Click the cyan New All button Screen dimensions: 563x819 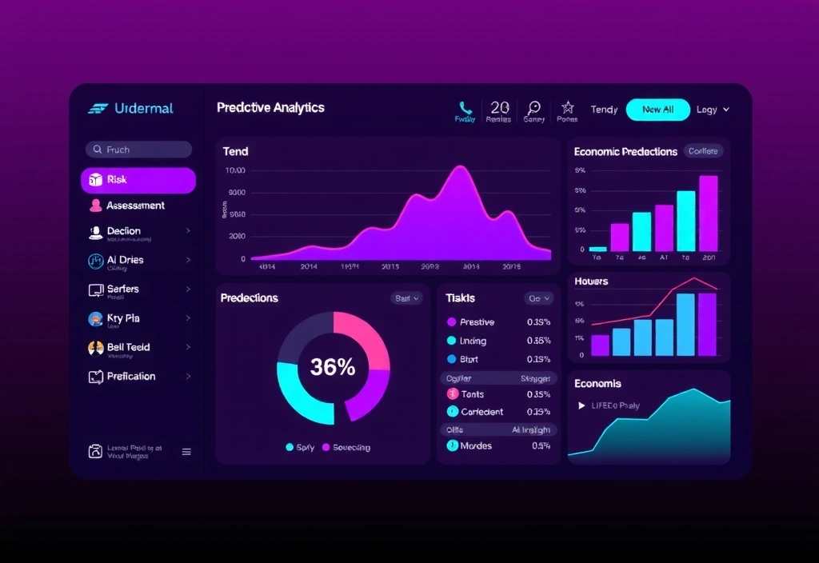click(x=657, y=110)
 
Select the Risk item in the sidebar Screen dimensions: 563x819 click(x=138, y=180)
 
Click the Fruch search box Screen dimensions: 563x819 click(x=138, y=150)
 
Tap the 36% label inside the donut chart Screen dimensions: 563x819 click(x=333, y=367)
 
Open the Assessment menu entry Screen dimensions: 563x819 click(x=135, y=206)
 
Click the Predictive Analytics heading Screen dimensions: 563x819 click(x=270, y=107)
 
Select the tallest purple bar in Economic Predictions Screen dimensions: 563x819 click(x=708, y=213)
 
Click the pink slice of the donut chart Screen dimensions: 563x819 click(x=364, y=336)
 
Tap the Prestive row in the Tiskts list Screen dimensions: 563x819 click(x=477, y=322)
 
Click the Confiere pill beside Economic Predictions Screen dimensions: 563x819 click(x=703, y=151)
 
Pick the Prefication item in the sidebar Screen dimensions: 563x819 click(x=131, y=376)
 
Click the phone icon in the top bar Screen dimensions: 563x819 click(x=465, y=107)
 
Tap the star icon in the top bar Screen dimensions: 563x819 click(x=567, y=106)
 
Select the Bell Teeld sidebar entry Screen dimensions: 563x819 click(x=129, y=347)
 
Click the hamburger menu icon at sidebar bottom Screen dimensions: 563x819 click(x=186, y=452)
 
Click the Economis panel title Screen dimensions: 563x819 click(x=597, y=384)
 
